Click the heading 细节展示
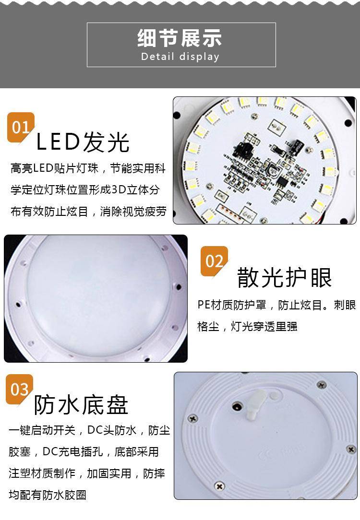pyautogui.click(x=180, y=38)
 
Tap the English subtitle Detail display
pyautogui.click(x=180, y=57)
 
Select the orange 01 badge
pyautogui.click(x=21, y=127)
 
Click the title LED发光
pyautogui.click(x=82, y=142)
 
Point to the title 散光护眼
pyautogui.click(x=284, y=277)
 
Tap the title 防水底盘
pyautogui.click(x=81, y=405)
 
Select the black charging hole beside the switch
pyautogui.click(x=237, y=406)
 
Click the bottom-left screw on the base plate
pyautogui.click(x=219, y=486)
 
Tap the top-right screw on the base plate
pyautogui.click(x=321, y=385)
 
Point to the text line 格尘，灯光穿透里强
pyautogui.click(x=247, y=326)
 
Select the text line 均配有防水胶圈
pyautogui.click(x=48, y=495)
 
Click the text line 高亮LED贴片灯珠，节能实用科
pyautogui.click(x=88, y=168)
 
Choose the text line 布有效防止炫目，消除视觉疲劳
pyautogui.click(x=88, y=211)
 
